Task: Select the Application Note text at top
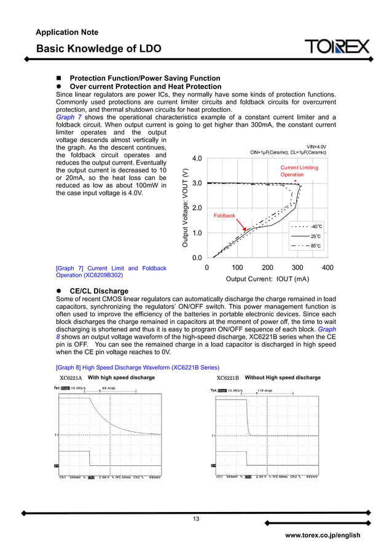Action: point(67,31)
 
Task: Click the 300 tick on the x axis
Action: point(297,267)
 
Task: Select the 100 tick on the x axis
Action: point(237,267)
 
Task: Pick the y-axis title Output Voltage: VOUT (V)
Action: point(184,208)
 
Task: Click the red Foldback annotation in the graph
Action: point(224,216)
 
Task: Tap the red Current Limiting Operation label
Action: point(299,171)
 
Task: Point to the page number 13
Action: point(196,519)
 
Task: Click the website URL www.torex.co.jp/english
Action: point(323,535)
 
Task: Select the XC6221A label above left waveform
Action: point(71,377)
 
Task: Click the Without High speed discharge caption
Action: point(282,377)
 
